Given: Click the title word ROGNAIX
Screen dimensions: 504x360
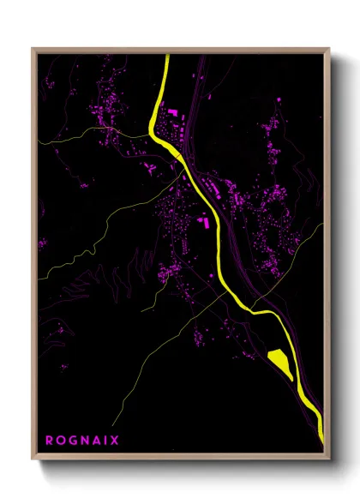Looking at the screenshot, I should click(82, 441).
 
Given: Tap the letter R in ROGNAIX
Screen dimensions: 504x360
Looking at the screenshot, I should click(50, 441).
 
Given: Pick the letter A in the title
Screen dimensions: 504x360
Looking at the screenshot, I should click(96, 441).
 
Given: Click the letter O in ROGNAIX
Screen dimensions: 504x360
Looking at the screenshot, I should click(61, 441).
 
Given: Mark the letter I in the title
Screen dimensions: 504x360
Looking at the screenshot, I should click(105, 441).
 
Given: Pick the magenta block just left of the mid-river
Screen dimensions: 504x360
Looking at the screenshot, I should click(205, 222).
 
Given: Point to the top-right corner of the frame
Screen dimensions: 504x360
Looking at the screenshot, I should click(328, 50).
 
